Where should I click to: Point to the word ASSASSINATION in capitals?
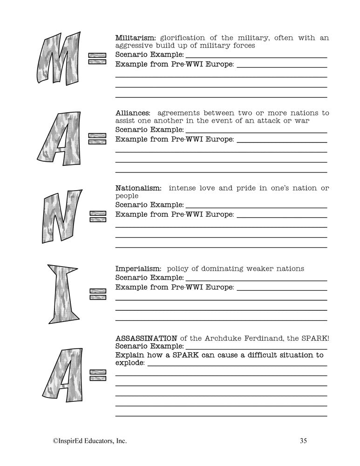(x=146, y=338)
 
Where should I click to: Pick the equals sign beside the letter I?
(x=97, y=294)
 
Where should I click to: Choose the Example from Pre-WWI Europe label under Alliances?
(x=174, y=139)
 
